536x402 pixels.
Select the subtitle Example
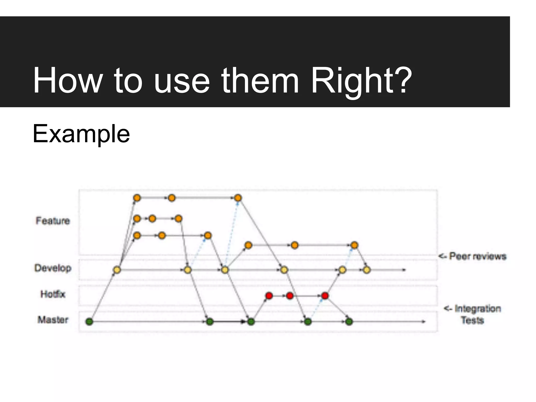click(x=81, y=134)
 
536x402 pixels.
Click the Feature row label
click(x=53, y=221)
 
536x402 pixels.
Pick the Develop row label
click(x=53, y=268)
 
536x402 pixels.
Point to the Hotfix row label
click(x=53, y=294)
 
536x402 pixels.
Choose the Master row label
click(x=53, y=320)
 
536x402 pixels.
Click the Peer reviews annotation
click(x=473, y=256)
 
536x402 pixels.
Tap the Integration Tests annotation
click(x=473, y=314)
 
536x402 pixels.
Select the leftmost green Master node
click(x=89, y=321)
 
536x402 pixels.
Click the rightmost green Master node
click(x=349, y=321)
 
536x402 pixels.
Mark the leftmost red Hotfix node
click(x=269, y=296)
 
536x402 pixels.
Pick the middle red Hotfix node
click(x=290, y=296)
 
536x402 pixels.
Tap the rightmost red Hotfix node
click(x=325, y=296)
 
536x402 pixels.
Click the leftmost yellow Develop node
click(x=117, y=270)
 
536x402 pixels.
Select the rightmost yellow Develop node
click(x=367, y=270)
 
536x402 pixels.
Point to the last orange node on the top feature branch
click(x=238, y=198)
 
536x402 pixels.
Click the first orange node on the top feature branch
click(x=137, y=198)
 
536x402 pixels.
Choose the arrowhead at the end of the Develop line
click(x=404, y=270)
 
